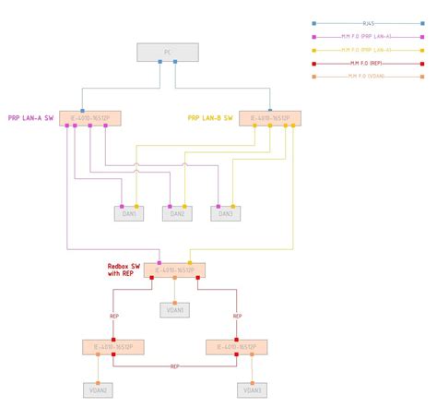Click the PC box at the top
pyautogui.click(x=167, y=53)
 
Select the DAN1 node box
pyautogui.click(x=130, y=214)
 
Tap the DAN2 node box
pyautogui.click(x=177, y=214)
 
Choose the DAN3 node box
pyautogui.click(x=225, y=214)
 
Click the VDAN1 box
pyautogui.click(x=174, y=310)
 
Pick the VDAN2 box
pyautogui.click(x=98, y=390)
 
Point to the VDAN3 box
pyautogui.click(x=253, y=390)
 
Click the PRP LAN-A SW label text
pyautogui.click(x=31, y=118)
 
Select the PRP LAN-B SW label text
pyautogui.click(x=211, y=118)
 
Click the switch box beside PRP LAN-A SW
pyautogui.click(x=90, y=118)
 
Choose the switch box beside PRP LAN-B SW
pyautogui.click(x=269, y=118)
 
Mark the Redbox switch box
pyautogui.click(x=174, y=270)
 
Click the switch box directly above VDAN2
pyautogui.click(x=112, y=347)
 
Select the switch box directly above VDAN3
pyautogui.click(x=237, y=347)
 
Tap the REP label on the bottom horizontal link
pyautogui.click(x=174, y=366)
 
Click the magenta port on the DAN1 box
pyautogui.click(x=122, y=206)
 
